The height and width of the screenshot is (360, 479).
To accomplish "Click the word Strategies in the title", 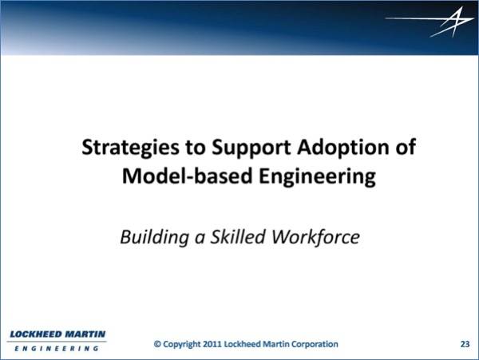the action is click(x=130, y=148).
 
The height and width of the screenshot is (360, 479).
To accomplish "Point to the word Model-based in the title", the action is click(x=188, y=176).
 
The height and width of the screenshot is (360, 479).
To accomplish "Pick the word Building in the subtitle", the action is click(x=155, y=237).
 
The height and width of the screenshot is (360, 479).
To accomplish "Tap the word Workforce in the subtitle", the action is click(x=316, y=236).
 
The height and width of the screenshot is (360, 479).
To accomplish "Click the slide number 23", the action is click(x=465, y=344).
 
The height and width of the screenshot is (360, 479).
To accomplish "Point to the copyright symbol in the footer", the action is click(x=157, y=344).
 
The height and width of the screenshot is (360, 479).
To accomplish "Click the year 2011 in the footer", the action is click(x=212, y=344).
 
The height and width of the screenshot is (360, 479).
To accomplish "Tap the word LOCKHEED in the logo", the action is click(x=36, y=334).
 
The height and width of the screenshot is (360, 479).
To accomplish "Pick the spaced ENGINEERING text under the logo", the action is click(x=57, y=348).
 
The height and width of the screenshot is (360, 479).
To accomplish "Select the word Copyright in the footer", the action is click(x=182, y=344).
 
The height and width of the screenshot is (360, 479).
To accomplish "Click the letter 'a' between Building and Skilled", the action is click(x=200, y=238).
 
